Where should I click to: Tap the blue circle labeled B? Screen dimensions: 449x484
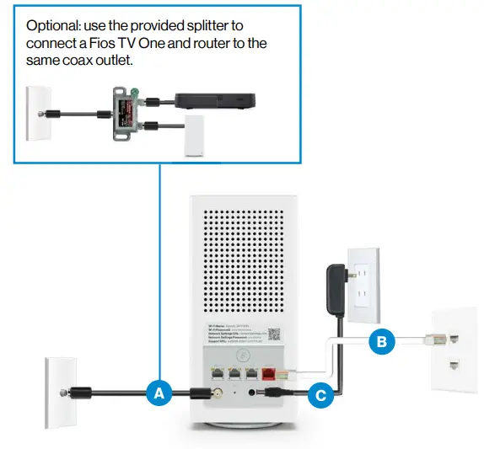click(380, 342)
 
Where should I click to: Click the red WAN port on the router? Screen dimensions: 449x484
click(270, 370)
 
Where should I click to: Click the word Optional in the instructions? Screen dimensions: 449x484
click(53, 26)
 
